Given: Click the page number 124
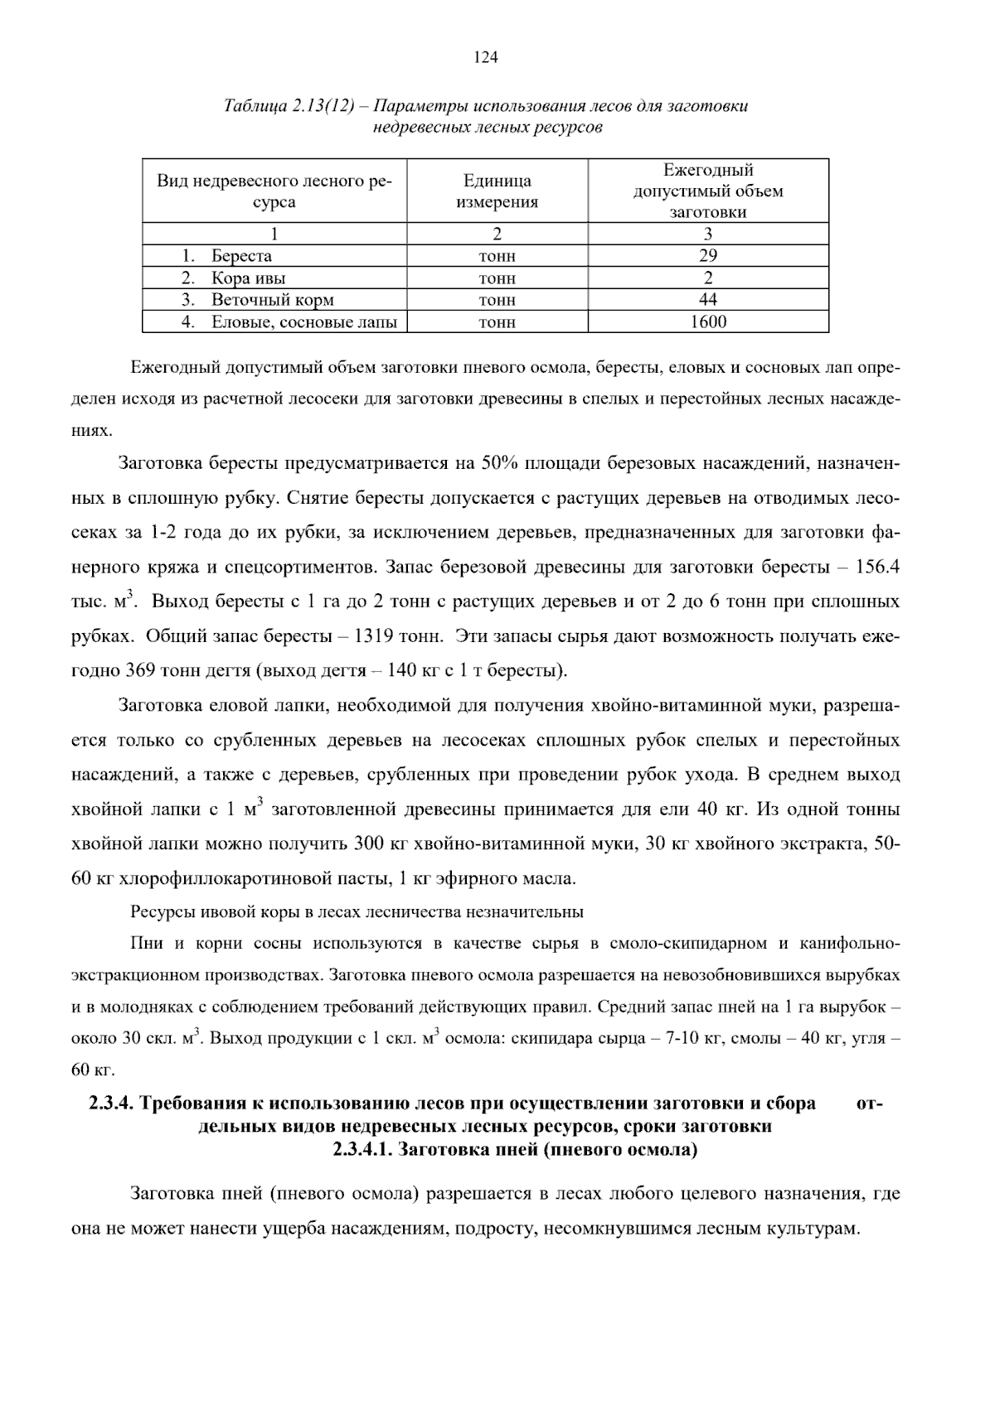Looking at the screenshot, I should coord(485,57).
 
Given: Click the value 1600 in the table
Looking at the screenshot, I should coord(708,321).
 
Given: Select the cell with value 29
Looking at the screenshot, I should coord(708,255).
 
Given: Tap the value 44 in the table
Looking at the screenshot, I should coord(708,299).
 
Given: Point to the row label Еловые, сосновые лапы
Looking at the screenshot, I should coord(303,322).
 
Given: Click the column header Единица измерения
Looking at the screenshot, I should coord(497,191).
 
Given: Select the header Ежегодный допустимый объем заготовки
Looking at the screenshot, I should coord(708,191).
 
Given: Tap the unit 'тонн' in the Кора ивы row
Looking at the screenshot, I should coord(497,278).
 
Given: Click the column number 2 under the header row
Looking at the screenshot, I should coord(497,234).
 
